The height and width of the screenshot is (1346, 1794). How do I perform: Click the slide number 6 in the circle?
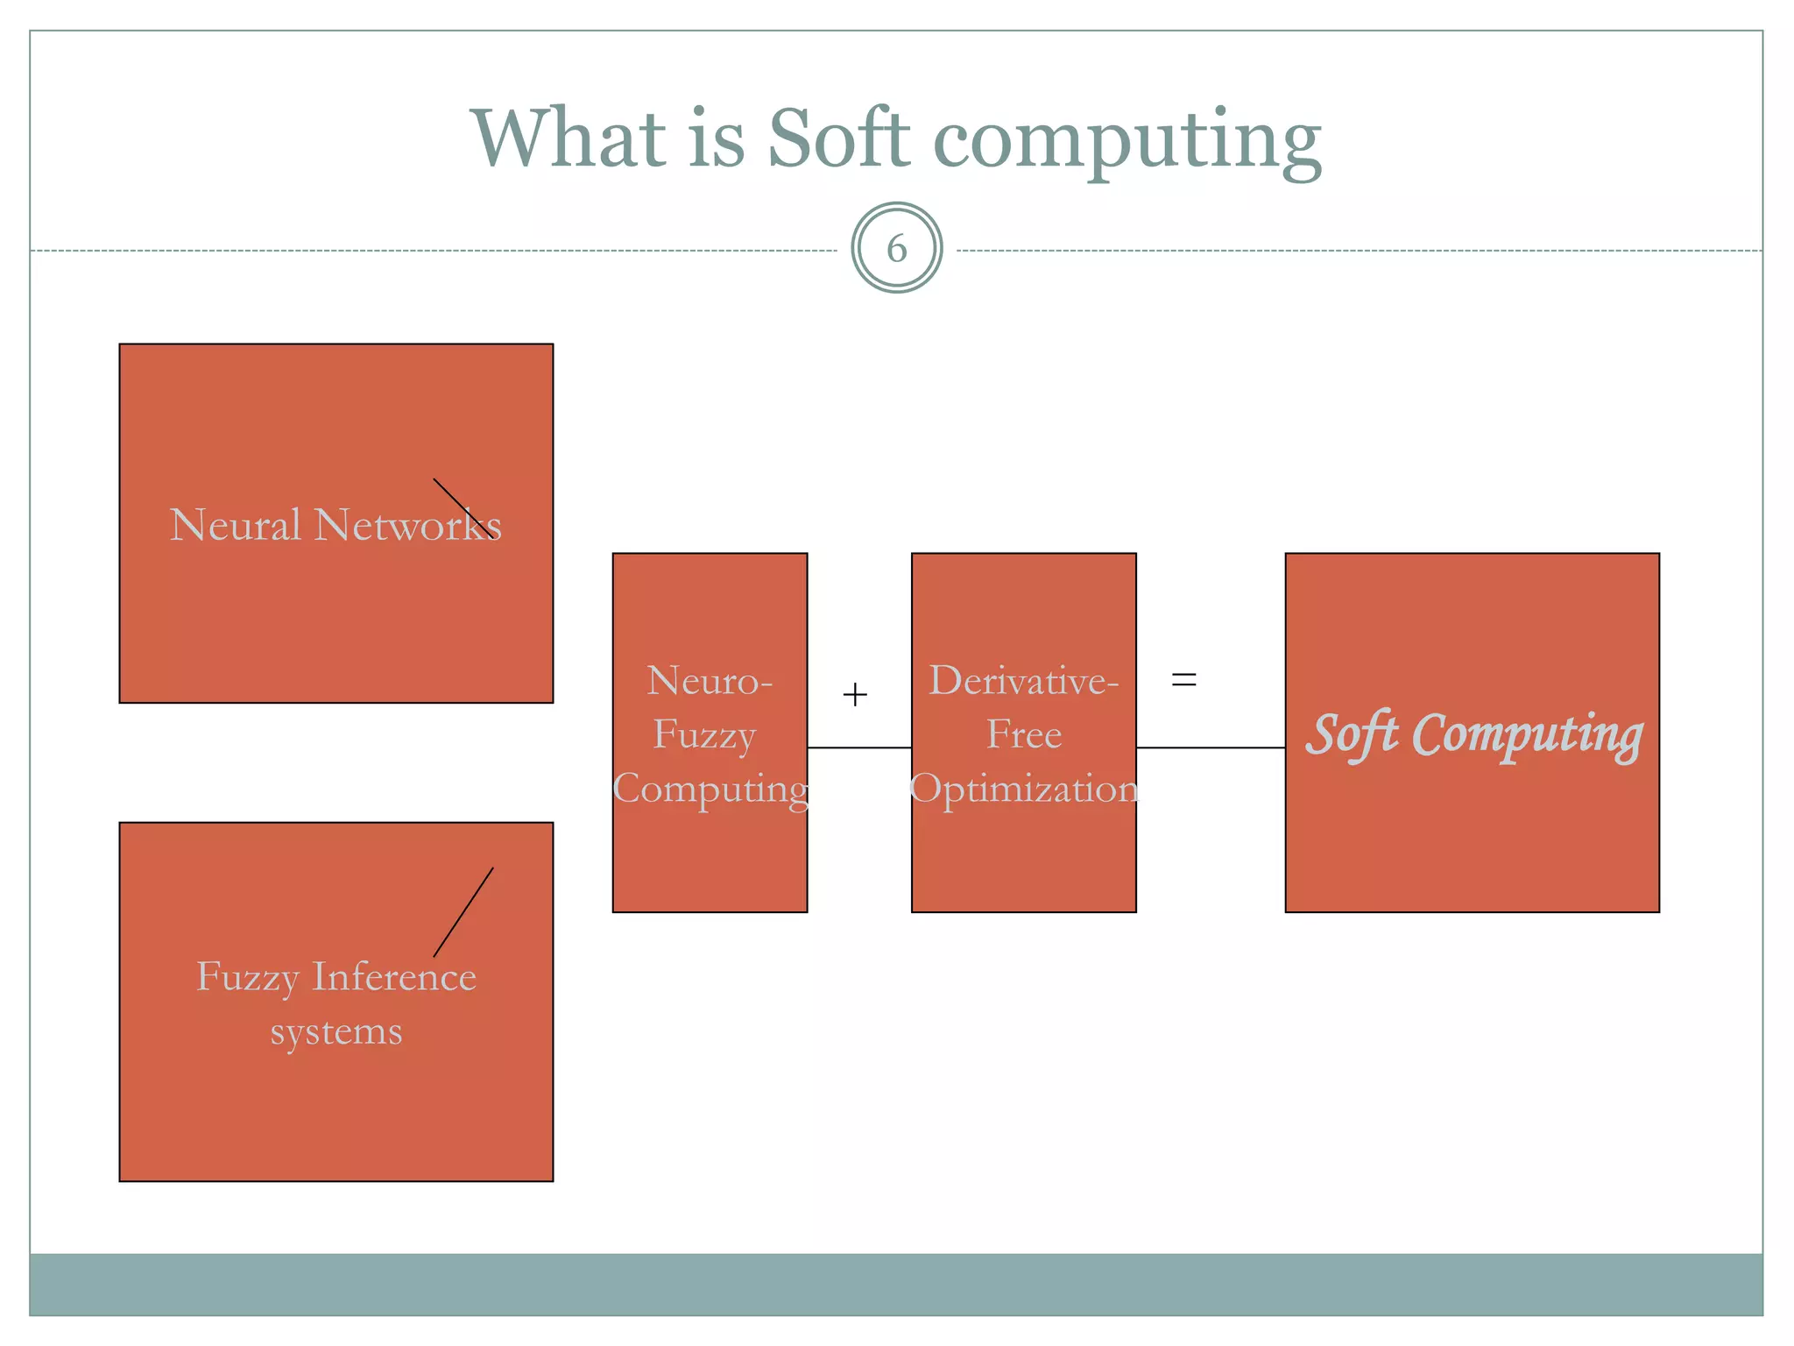tap(896, 249)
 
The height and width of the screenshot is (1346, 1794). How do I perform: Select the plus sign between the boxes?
tap(854, 695)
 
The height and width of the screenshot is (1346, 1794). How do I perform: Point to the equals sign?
tap(1183, 679)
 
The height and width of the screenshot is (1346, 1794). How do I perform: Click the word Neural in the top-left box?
tap(235, 525)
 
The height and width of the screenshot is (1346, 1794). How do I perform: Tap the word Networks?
tap(407, 525)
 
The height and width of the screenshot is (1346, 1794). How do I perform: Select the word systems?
tap(335, 1031)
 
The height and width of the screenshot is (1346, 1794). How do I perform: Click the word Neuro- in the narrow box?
tap(710, 681)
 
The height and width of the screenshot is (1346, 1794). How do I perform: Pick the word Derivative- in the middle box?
tap(1023, 681)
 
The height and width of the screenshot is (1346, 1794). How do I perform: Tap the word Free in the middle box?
tap(1023, 734)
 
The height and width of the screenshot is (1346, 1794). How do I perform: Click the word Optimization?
tap(1023, 789)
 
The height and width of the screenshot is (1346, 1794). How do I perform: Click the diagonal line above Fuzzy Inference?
tap(463, 911)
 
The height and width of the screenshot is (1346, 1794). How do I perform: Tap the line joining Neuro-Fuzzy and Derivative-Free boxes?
tap(858, 747)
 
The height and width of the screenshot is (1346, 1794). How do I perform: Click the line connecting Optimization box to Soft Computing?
tap(1211, 747)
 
